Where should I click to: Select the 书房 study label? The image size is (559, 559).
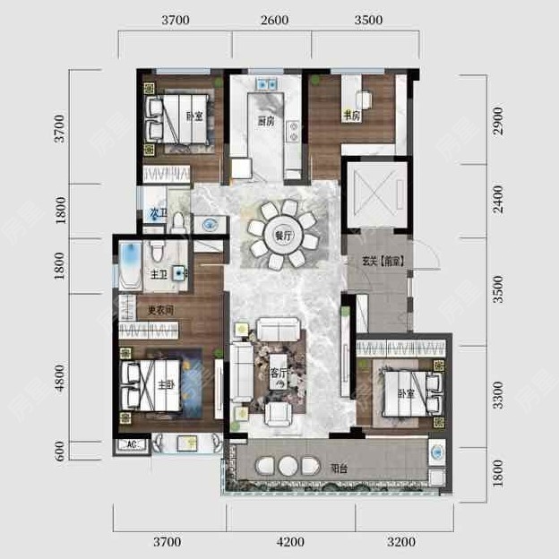(350, 116)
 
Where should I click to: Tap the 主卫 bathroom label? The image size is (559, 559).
(159, 274)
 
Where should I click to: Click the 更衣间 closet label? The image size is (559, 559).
(160, 310)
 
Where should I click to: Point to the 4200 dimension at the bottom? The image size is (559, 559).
(290, 541)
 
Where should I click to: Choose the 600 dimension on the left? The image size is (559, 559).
(61, 451)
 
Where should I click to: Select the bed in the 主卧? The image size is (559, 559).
(153, 385)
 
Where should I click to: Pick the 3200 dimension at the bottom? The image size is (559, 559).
(403, 541)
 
